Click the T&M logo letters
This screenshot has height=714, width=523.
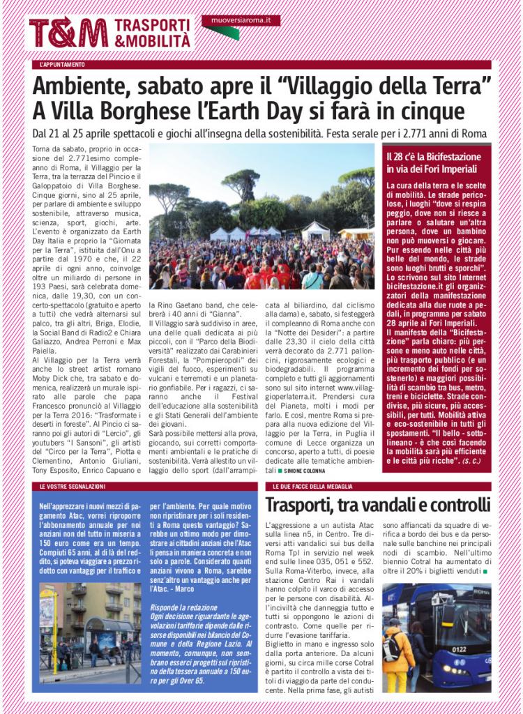tap(68, 32)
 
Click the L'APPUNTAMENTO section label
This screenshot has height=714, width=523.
tap(63, 65)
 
